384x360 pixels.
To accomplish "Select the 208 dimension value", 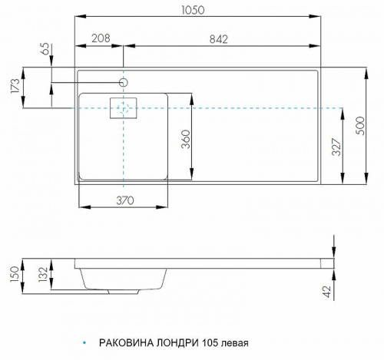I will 99,38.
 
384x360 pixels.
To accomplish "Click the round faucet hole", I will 123,81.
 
